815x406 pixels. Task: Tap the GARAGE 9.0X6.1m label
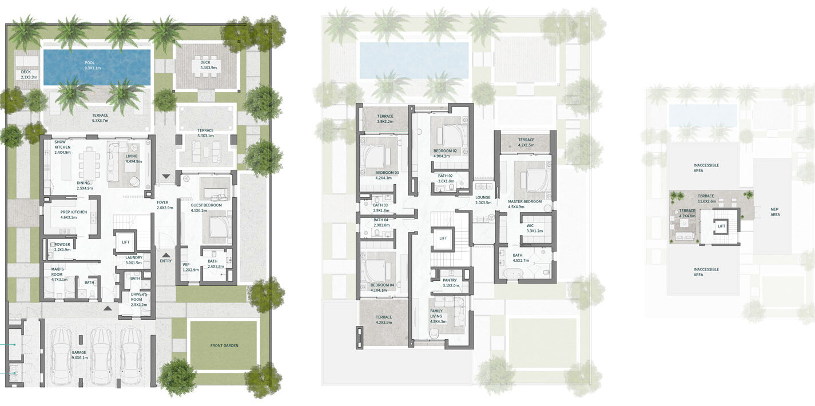[x=79, y=355]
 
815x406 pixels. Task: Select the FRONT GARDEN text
[x=224, y=345]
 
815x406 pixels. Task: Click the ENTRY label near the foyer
[x=165, y=261]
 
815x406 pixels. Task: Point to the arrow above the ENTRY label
[x=165, y=255]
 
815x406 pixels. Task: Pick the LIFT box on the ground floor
[x=125, y=242]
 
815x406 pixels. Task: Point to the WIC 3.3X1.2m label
[x=535, y=228]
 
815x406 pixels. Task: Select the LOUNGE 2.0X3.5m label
[x=483, y=200]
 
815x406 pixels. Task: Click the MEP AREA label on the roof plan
[x=775, y=212]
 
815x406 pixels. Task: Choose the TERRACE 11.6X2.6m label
[x=706, y=198]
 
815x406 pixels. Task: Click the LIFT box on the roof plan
[x=721, y=226]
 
